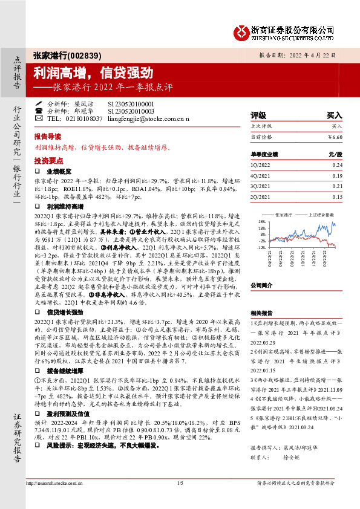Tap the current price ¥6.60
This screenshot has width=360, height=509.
coord(335,137)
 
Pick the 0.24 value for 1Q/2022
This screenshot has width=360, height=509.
coord(337,165)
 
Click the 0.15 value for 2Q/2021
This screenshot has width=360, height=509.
coord(337,197)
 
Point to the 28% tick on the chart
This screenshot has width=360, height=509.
coord(261,222)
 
